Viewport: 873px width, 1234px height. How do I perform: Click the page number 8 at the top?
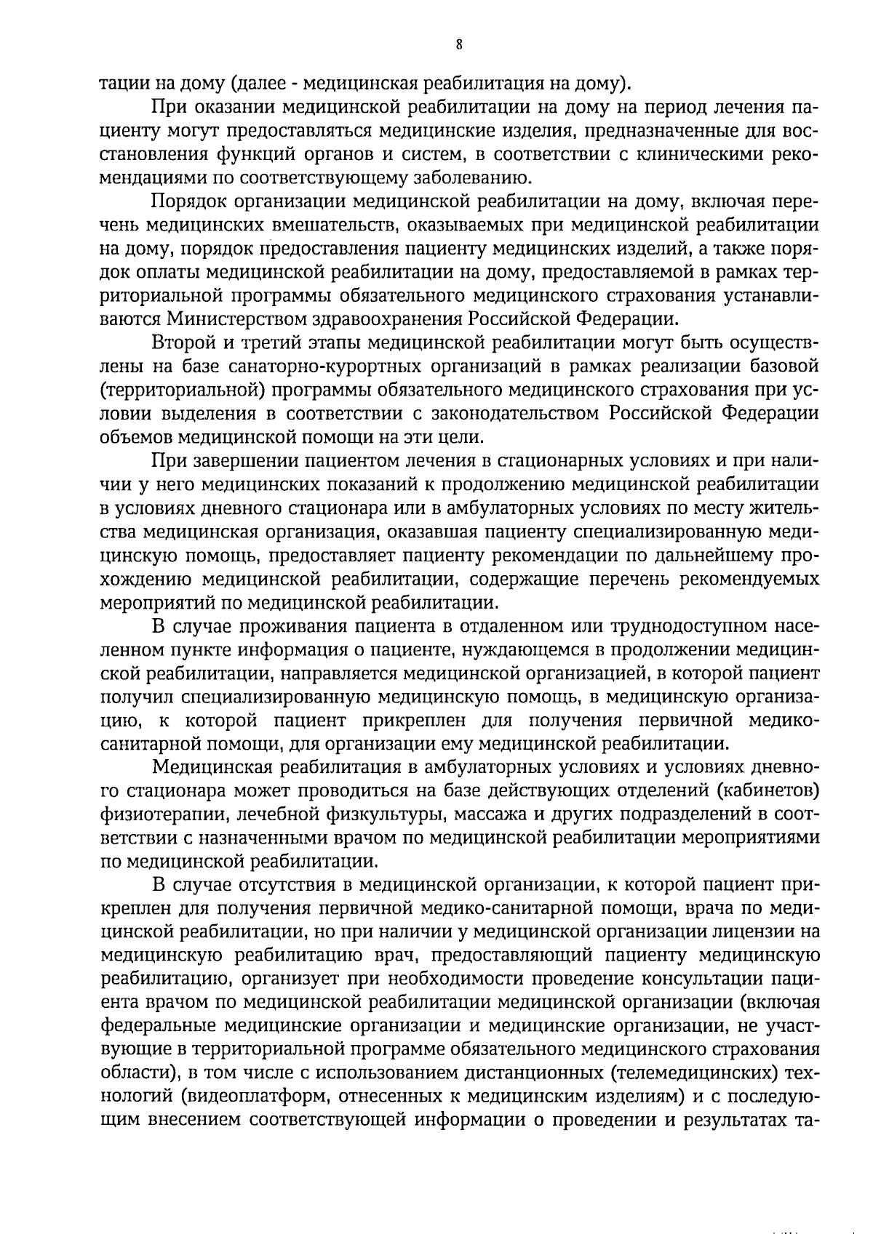pos(459,44)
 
